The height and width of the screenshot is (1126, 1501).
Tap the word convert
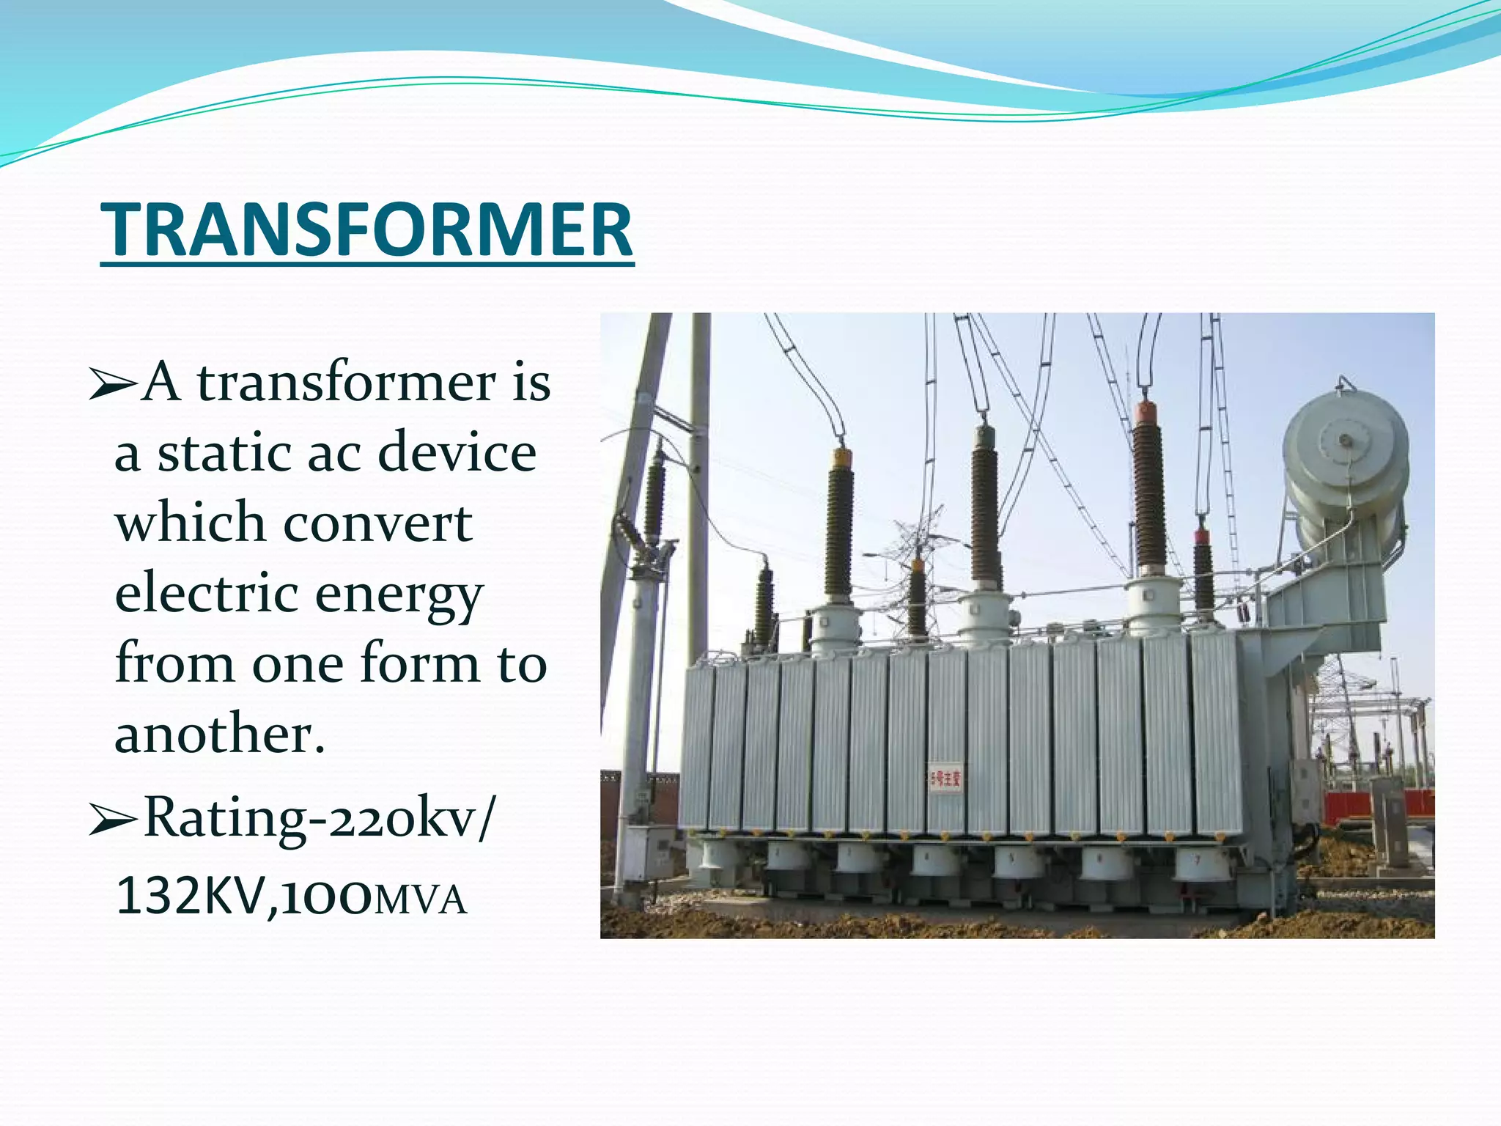point(377,523)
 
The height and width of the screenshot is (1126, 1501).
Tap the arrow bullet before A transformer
point(111,386)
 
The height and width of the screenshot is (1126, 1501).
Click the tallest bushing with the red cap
point(1149,491)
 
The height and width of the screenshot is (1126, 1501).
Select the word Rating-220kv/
point(320,818)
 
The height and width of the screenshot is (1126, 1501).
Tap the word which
point(190,523)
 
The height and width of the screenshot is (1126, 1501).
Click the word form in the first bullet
point(419,664)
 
